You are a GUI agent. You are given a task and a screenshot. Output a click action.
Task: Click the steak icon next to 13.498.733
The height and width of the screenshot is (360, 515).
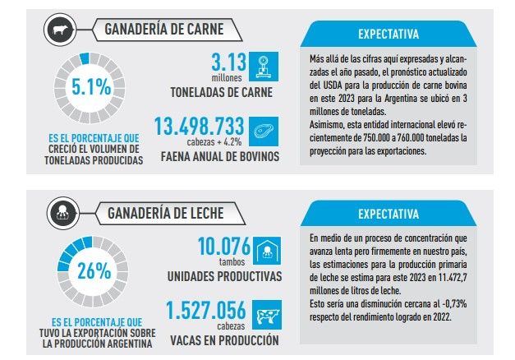coord(264,129)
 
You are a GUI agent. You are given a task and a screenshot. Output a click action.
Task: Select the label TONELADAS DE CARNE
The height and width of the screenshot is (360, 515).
coord(222,91)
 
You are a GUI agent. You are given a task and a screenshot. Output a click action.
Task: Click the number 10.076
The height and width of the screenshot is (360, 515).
coord(221,247)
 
